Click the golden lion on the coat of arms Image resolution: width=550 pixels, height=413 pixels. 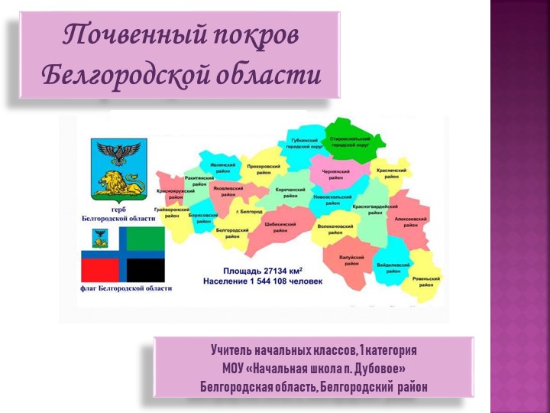click(121, 184)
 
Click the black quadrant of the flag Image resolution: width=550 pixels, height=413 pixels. click(145, 269)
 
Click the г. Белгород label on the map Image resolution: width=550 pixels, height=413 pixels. click(249, 210)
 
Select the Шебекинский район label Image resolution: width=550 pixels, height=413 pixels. click(280, 227)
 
